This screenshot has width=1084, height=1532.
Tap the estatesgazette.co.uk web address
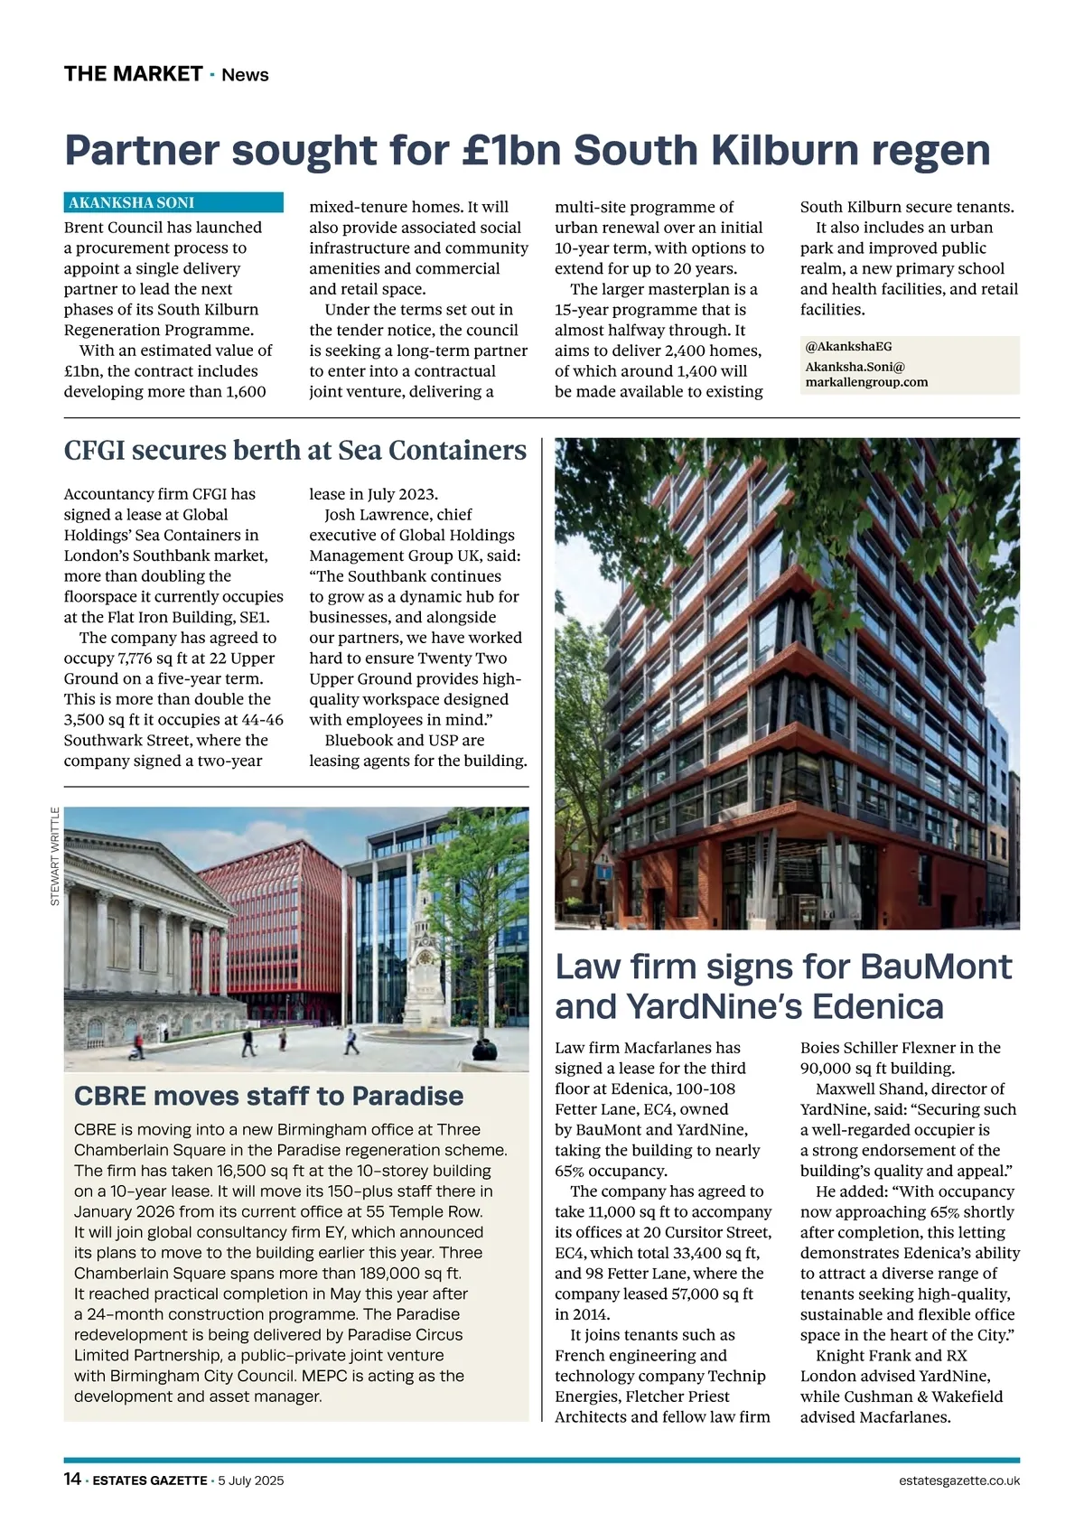click(959, 1481)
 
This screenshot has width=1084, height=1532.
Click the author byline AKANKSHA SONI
click(132, 203)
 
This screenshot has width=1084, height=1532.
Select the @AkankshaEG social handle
click(848, 347)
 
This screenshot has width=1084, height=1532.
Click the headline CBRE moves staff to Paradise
click(268, 1096)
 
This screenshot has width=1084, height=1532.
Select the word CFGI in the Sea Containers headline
click(94, 450)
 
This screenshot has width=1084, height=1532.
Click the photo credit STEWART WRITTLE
click(55, 856)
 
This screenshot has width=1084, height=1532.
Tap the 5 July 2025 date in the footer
click(251, 1481)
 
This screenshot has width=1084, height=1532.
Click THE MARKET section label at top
click(133, 74)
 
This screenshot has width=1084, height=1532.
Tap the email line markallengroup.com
click(866, 382)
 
